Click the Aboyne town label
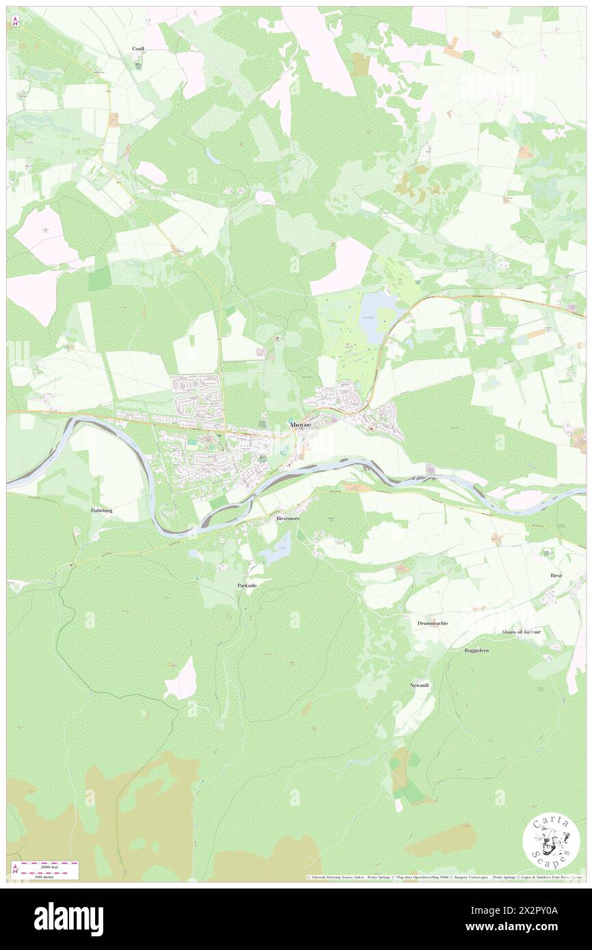point(299,425)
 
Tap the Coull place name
point(138,49)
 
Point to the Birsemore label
point(288,519)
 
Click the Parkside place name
point(247,586)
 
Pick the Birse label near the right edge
point(556,575)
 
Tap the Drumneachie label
point(432,623)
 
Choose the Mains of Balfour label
point(521,632)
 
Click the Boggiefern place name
point(476,650)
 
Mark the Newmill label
point(418,685)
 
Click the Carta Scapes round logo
point(551,843)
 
